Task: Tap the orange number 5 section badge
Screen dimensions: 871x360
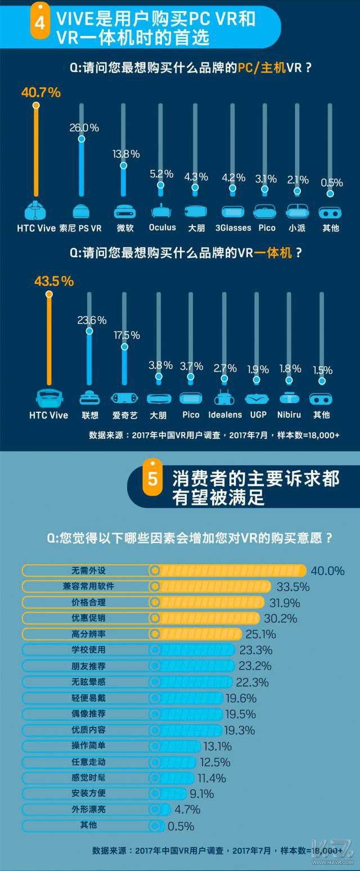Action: [152, 478]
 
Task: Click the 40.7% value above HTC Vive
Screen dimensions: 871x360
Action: [40, 93]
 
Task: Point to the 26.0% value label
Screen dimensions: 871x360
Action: [84, 128]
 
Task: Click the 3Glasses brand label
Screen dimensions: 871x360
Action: [233, 228]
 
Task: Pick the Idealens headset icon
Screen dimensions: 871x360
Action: [225, 398]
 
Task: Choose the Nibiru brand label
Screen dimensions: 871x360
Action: [289, 415]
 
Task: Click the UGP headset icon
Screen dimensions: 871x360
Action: [258, 398]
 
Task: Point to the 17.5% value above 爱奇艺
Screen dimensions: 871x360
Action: [127, 335]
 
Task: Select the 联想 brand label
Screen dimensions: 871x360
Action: [90, 415]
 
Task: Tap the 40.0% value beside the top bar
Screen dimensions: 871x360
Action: [327, 571]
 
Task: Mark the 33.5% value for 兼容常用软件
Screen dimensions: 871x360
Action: [292, 587]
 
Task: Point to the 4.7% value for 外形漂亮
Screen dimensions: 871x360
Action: [188, 810]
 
